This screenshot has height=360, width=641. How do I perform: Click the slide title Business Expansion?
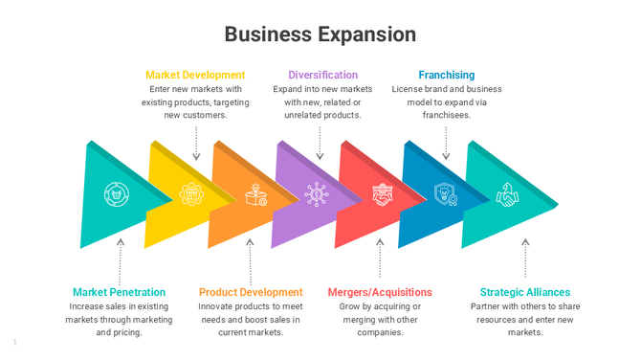(x=320, y=34)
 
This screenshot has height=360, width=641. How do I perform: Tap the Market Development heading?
(x=195, y=75)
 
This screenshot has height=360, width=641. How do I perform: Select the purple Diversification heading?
(x=322, y=75)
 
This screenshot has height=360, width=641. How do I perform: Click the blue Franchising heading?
(x=446, y=75)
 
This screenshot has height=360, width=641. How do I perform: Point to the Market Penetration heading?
(x=119, y=292)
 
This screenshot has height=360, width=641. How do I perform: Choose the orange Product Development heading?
(x=251, y=292)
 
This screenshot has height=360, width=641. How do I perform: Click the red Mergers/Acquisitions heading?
(x=380, y=292)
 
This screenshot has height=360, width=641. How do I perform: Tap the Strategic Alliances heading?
(x=524, y=292)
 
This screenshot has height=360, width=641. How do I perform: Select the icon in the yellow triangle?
(x=191, y=194)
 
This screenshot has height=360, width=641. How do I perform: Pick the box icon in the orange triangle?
(x=255, y=194)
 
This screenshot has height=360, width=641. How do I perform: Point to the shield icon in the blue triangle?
(x=445, y=194)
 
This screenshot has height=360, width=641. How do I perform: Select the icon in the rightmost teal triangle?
(x=507, y=194)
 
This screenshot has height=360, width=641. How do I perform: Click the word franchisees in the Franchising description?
(x=447, y=115)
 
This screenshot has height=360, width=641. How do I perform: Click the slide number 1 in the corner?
(x=15, y=342)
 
